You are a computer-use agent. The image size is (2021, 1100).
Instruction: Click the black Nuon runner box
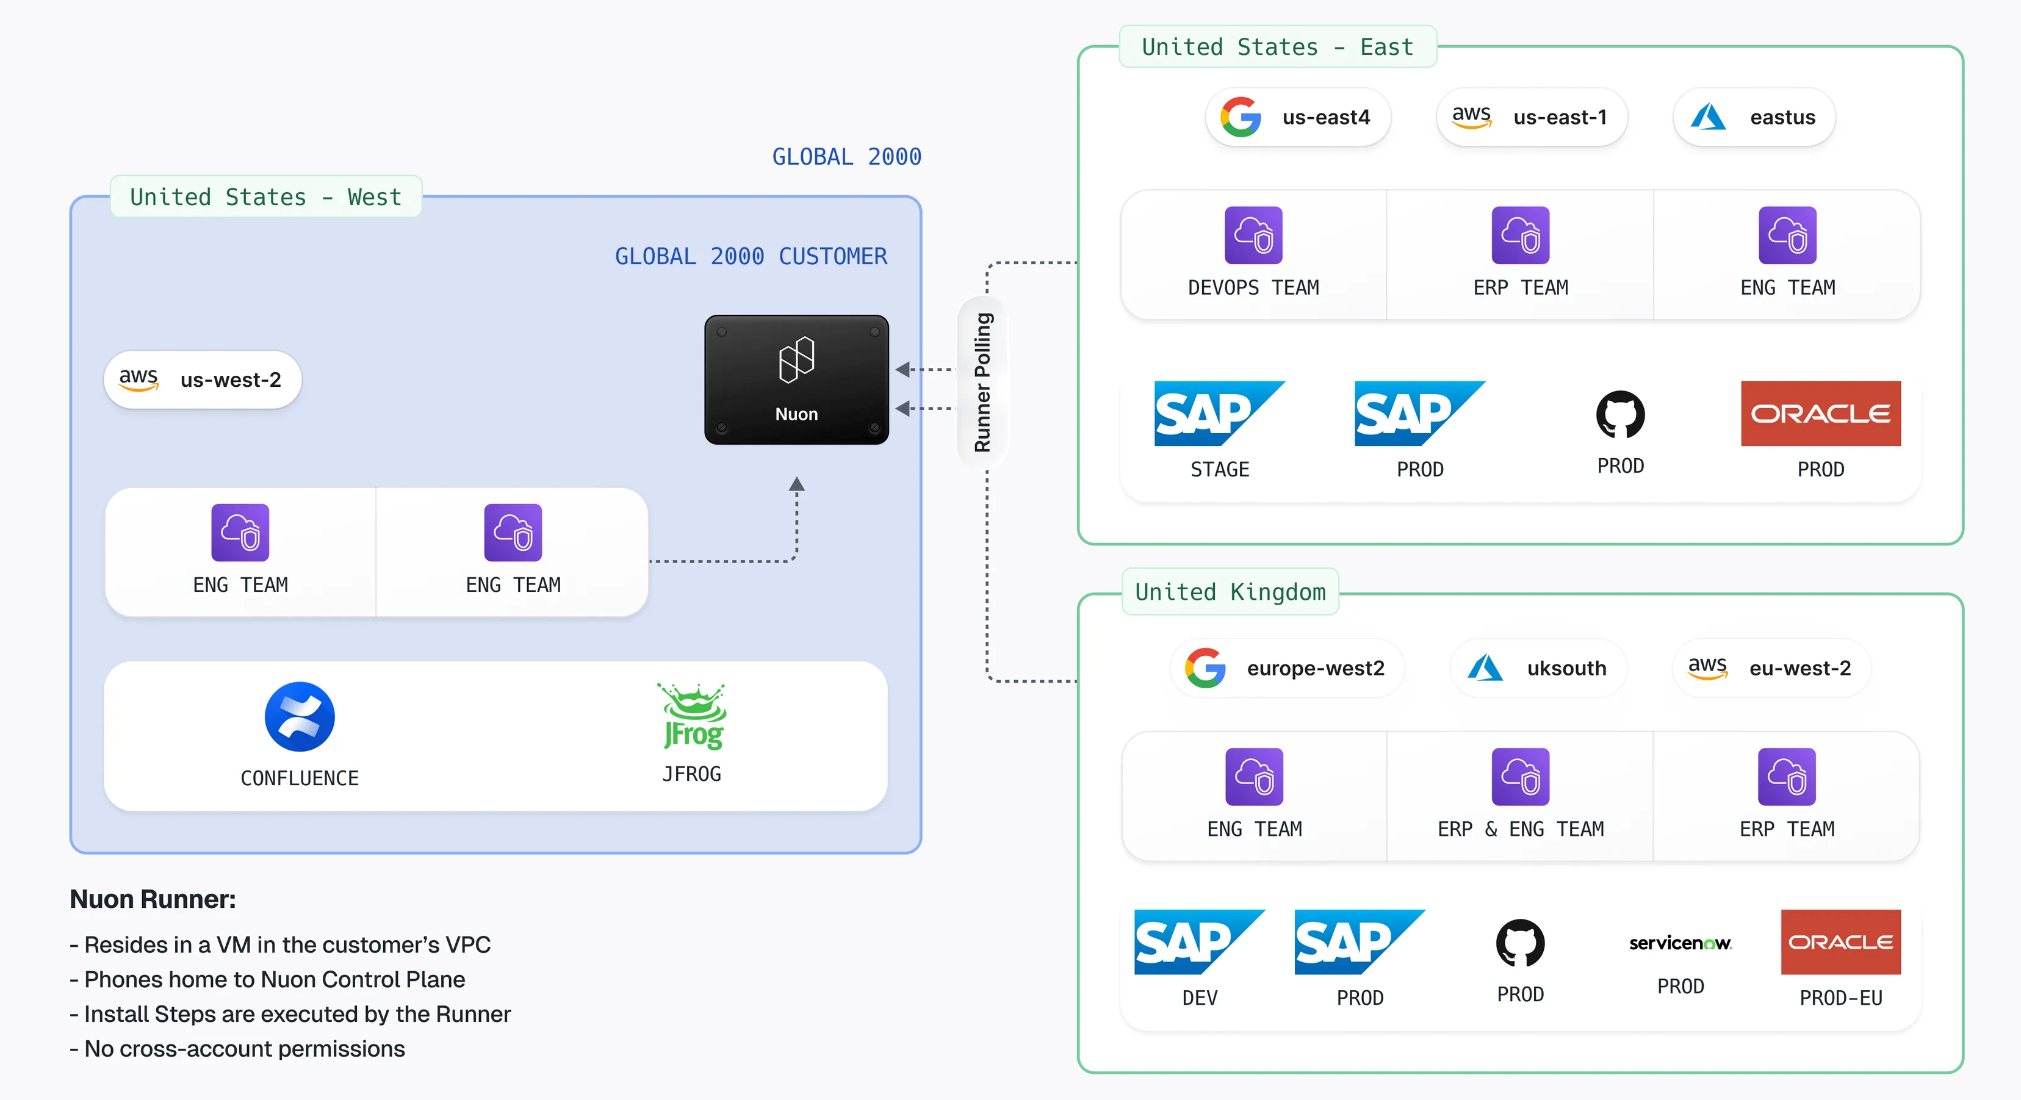point(796,379)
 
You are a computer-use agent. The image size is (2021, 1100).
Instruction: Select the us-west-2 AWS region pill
point(203,379)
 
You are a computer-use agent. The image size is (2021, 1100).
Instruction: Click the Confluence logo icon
point(300,716)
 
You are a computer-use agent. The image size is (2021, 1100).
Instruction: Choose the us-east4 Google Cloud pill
point(1298,118)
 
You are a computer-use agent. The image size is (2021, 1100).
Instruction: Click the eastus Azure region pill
point(1754,118)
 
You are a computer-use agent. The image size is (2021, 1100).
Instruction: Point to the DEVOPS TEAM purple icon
point(1253,235)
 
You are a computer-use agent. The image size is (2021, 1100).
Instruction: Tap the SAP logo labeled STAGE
point(1219,414)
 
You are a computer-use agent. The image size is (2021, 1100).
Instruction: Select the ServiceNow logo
point(1680,943)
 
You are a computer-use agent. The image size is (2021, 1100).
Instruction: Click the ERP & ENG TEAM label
point(1521,829)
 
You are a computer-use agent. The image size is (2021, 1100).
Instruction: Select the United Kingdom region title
point(1230,592)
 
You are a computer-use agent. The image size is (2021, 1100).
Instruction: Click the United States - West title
point(265,197)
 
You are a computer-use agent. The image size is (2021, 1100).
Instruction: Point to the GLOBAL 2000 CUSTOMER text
point(751,257)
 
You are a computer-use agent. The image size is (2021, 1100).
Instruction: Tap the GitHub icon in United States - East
point(1620,414)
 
